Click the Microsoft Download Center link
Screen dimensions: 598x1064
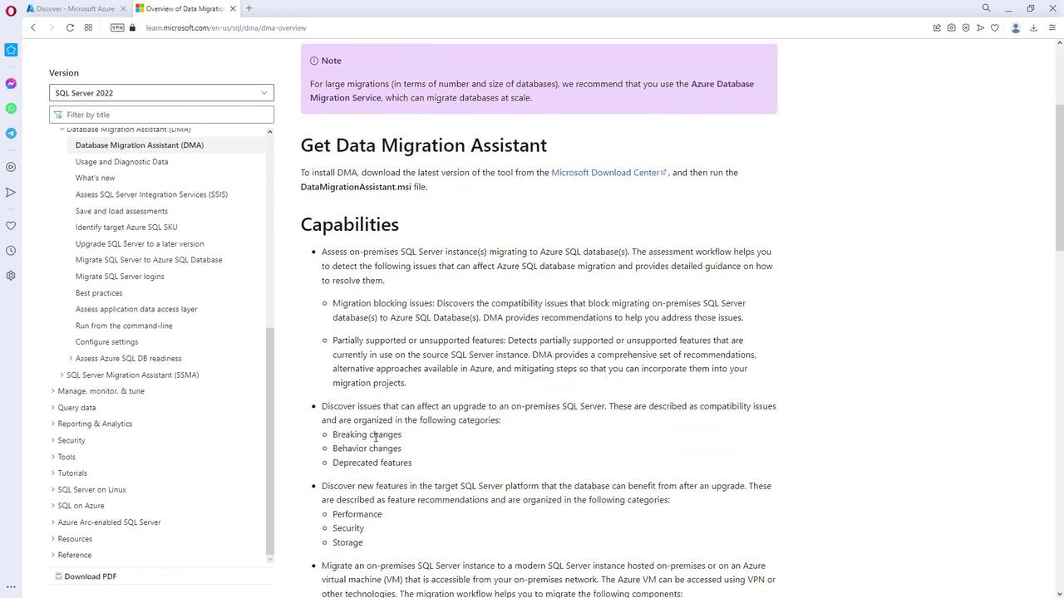(605, 173)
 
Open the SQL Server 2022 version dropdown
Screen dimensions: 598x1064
(161, 93)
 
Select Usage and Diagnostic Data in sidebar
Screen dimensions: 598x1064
(121, 162)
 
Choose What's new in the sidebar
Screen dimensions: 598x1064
(95, 178)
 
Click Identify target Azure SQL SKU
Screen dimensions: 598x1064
(126, 227)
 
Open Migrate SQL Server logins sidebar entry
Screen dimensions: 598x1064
(120, 277)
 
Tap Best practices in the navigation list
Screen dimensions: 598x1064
(99, 293)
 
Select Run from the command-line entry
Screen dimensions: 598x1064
(124, 326)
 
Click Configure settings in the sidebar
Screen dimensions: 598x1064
(106, 342)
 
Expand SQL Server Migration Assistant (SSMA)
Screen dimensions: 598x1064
(132, 375)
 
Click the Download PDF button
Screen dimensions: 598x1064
(90, 576)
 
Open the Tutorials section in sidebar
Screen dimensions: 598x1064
(72, 473)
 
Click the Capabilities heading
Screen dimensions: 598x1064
(349, 224)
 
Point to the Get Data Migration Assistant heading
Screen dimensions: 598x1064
(423, 145)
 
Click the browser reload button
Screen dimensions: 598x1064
(70, 27)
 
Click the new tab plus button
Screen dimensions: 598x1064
(249, 8)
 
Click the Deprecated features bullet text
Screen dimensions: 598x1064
(372, 463)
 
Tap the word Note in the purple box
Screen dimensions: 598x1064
(331, 61)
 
